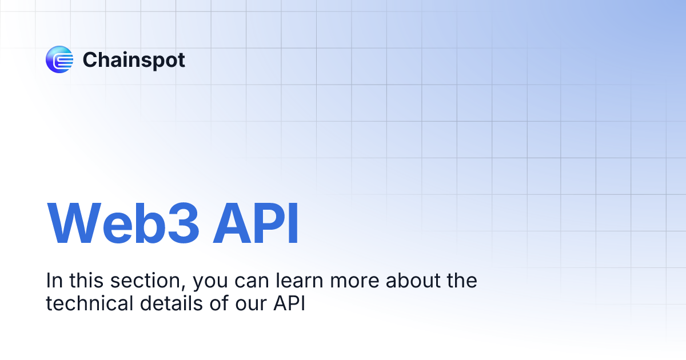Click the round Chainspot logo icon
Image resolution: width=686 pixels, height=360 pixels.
point(59,59)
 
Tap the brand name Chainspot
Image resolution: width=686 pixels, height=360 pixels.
point(134,61)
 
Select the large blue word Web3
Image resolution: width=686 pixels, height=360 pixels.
point(123,223)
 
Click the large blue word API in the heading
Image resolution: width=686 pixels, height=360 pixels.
point(256,223)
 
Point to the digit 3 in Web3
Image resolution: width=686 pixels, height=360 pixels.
point(184,223)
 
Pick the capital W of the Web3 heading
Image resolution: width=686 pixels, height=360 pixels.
point(74,223)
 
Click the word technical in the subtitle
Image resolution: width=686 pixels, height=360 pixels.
point(89,303)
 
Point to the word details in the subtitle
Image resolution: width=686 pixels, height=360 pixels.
point(171,303)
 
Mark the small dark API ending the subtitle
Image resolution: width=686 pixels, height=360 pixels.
point(289,303)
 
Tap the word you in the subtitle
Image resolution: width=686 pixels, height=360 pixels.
point(210,284)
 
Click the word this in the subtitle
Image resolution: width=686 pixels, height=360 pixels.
point(86,281)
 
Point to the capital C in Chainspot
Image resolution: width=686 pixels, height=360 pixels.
point(91,59)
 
